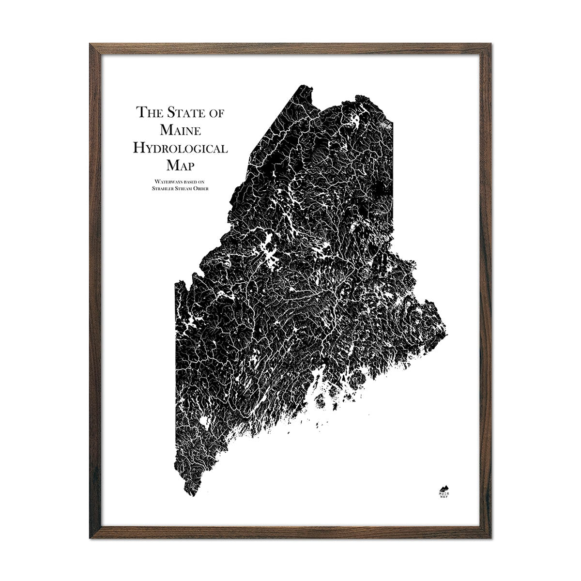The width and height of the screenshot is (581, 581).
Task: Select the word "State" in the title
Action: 182,113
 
